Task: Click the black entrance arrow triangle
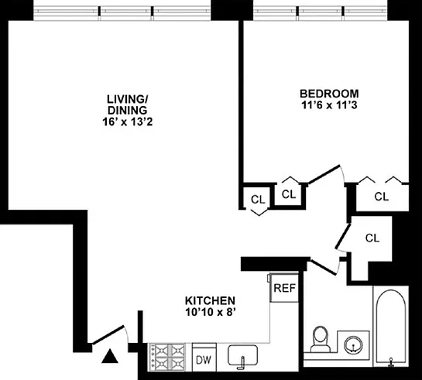point(110,356)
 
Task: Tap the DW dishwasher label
point(204,360)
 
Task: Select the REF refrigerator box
point(284,288)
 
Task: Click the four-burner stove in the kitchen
point(167,358)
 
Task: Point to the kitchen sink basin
point(243,355)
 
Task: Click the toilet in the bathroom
point(321,340)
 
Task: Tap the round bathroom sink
point(353,345)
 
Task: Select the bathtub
point(391,326)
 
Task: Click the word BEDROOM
point(329,94)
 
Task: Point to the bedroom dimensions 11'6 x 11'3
point(329,105)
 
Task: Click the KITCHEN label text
point(210,300)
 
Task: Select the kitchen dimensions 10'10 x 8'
point(211,312)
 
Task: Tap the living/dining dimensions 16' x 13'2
point(127,122)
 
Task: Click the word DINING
point(127,111)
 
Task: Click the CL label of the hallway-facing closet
point(258,200)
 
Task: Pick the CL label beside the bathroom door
point(372,238)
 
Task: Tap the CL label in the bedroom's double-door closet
point(382,197)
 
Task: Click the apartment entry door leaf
point(108,335)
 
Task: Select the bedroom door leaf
point(324,175)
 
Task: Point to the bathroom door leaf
point(323,267)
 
